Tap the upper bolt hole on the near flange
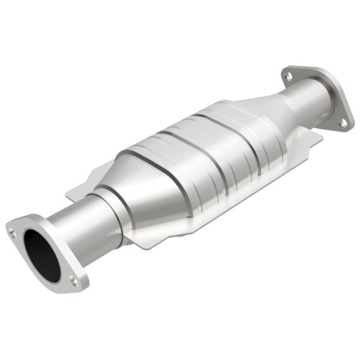[13, 228]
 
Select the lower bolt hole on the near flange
[73, 279]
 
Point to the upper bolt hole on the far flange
[289, 76]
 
